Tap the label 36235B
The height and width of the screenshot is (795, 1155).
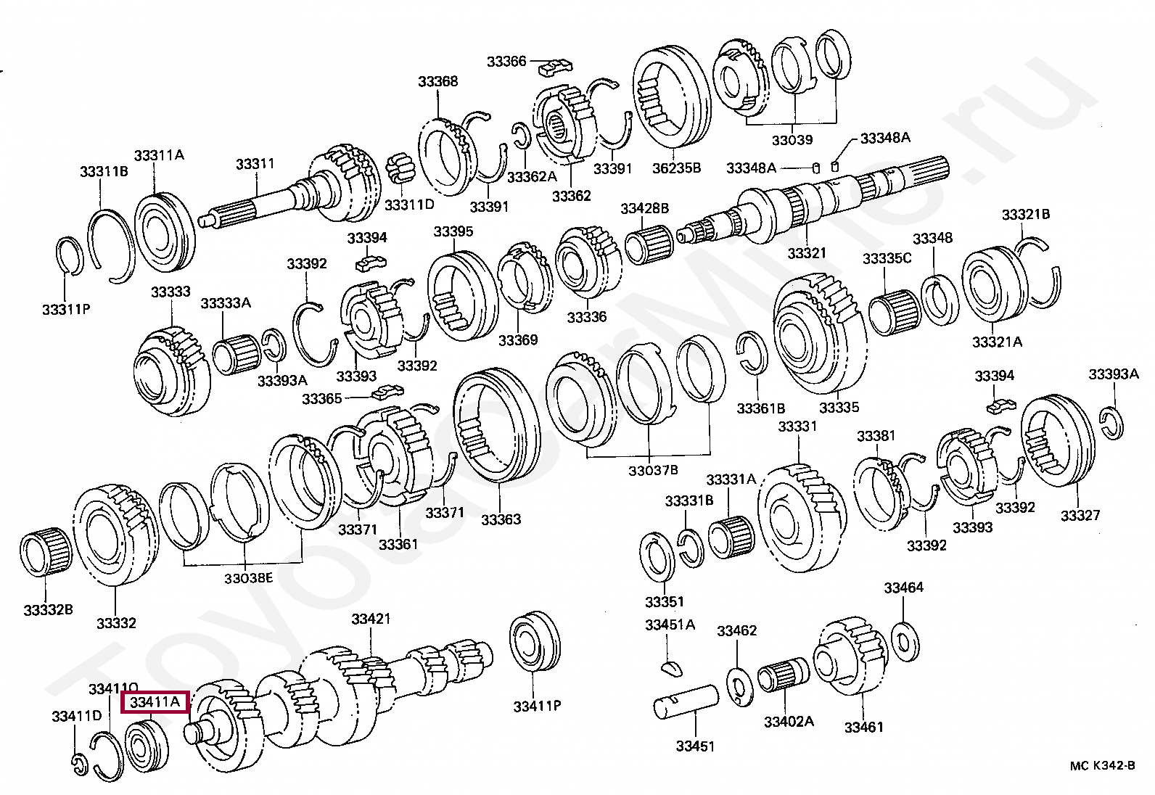676,168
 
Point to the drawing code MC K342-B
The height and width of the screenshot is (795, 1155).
1102,766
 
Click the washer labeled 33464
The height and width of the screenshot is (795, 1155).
903,640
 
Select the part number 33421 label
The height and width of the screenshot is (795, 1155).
371,619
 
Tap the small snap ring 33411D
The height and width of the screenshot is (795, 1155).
80,763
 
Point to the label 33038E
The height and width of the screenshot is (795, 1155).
248,578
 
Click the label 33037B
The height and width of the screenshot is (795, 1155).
653,470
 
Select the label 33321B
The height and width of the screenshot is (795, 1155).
1026,215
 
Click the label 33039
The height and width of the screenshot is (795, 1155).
792,140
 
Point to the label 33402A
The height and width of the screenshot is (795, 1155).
788,721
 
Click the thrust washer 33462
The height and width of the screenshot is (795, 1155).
738,686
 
